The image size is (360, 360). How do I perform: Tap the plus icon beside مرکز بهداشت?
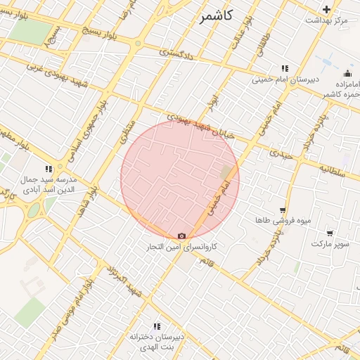(326, 9)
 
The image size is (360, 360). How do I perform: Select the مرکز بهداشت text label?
(326, 20)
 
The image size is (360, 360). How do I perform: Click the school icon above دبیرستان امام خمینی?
(284, 68)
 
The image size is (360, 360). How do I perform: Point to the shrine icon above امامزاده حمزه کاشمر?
(347, 74)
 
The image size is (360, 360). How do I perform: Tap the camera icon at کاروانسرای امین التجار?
(182, 236)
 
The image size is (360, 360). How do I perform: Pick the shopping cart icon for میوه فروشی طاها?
(283, 210)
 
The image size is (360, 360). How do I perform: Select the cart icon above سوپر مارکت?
(330, 233)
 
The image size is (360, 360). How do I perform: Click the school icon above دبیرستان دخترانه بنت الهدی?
(156, 326)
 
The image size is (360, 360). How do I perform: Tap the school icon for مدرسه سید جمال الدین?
(49, 169)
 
